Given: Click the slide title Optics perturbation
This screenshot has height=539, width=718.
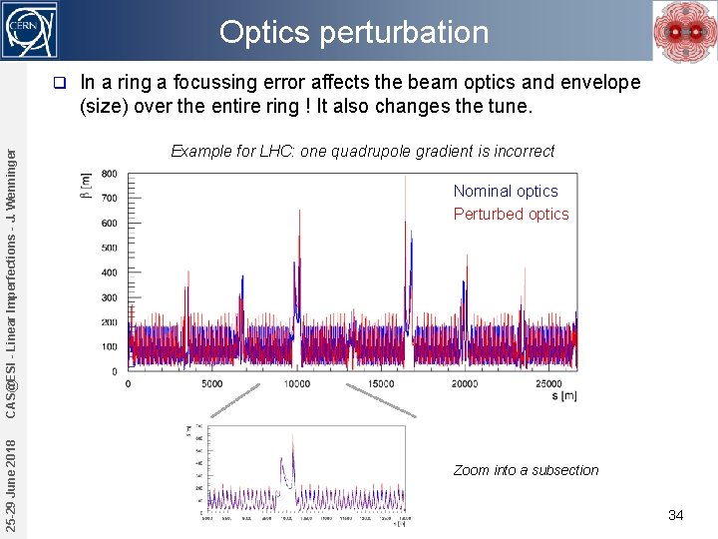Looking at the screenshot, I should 354,32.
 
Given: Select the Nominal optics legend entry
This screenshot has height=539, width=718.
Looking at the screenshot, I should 506,191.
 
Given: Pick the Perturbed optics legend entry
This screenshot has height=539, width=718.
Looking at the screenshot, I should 511,214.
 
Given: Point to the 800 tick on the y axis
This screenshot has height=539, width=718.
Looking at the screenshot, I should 108,174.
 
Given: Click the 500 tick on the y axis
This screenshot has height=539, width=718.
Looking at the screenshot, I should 108,249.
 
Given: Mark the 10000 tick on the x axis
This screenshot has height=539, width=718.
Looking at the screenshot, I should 296,383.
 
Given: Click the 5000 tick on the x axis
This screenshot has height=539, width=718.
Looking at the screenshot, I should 212,383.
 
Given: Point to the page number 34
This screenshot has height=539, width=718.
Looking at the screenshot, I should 675,515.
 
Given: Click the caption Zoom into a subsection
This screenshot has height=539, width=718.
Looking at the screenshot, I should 526,470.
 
